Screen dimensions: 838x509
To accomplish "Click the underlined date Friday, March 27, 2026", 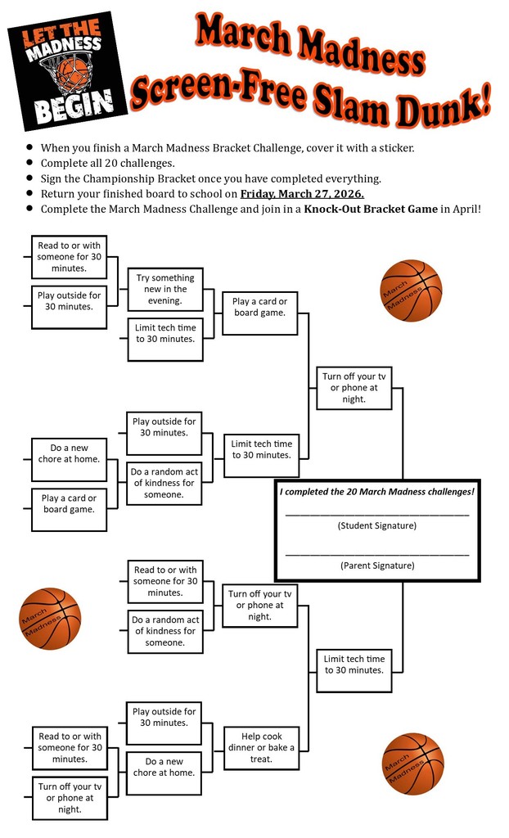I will pyautogui.click(x=301, y=194).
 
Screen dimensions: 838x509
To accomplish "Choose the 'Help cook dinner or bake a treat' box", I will pyautogui.click(x=261, y=748).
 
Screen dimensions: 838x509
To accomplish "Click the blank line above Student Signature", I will pyautogui.click(x=376, y=515).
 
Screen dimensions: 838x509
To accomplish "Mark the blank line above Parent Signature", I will pyautogui.click(x=376, y=555).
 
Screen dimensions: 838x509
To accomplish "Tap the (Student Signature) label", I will pyautogui.click(x=376, y=525).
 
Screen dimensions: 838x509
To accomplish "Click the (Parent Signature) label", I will pyautogui.click(x=376, y=565).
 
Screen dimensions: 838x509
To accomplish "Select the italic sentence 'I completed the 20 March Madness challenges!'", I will pyautogui.click(x=376, y=492).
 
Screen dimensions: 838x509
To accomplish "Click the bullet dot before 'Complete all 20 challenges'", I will pyautogui.click(x=30, y=163).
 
